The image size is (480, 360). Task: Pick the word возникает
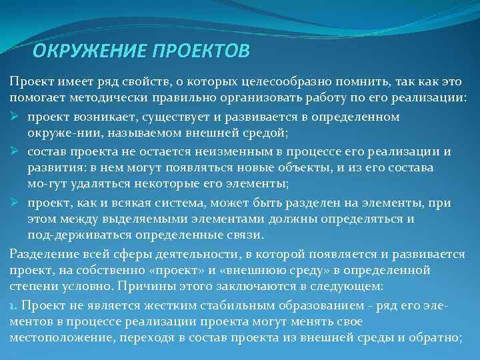click(96, 117)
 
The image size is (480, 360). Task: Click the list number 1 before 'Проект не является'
click(13, 304)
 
